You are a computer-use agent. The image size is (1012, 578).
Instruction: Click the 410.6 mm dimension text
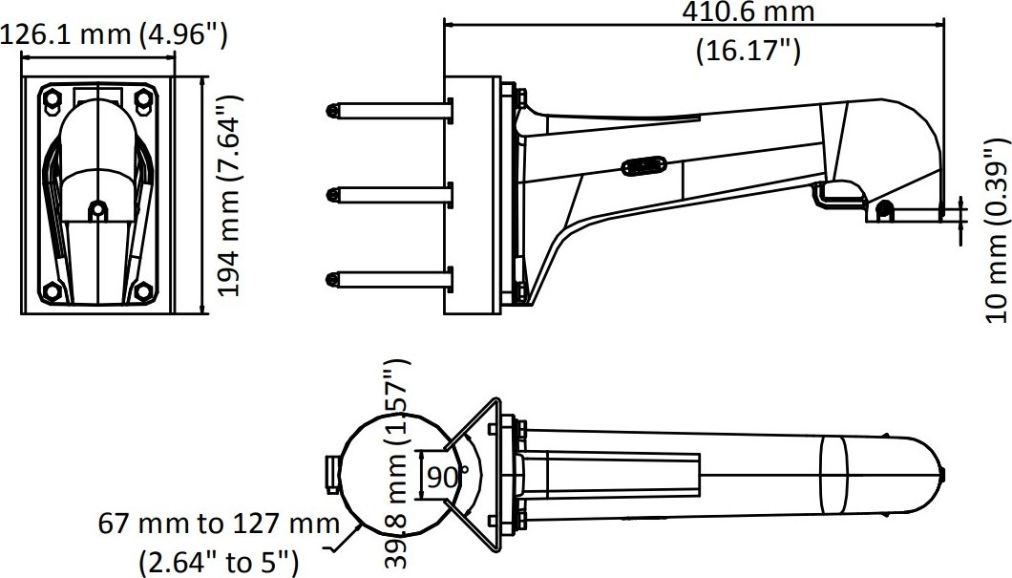pos(748,11)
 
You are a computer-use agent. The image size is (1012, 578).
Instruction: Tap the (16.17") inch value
pos(748,51)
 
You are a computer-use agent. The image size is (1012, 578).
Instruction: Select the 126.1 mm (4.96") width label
pos(114,35)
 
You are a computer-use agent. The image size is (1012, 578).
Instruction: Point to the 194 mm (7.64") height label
pos(229,195)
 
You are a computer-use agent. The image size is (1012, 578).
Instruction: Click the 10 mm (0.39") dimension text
pos(997,230)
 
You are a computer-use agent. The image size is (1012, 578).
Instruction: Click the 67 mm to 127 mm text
pos(219,524)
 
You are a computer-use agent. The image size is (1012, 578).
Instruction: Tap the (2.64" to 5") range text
pos(219,562)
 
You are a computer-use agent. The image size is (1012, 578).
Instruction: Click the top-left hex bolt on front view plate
pos(52,98)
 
